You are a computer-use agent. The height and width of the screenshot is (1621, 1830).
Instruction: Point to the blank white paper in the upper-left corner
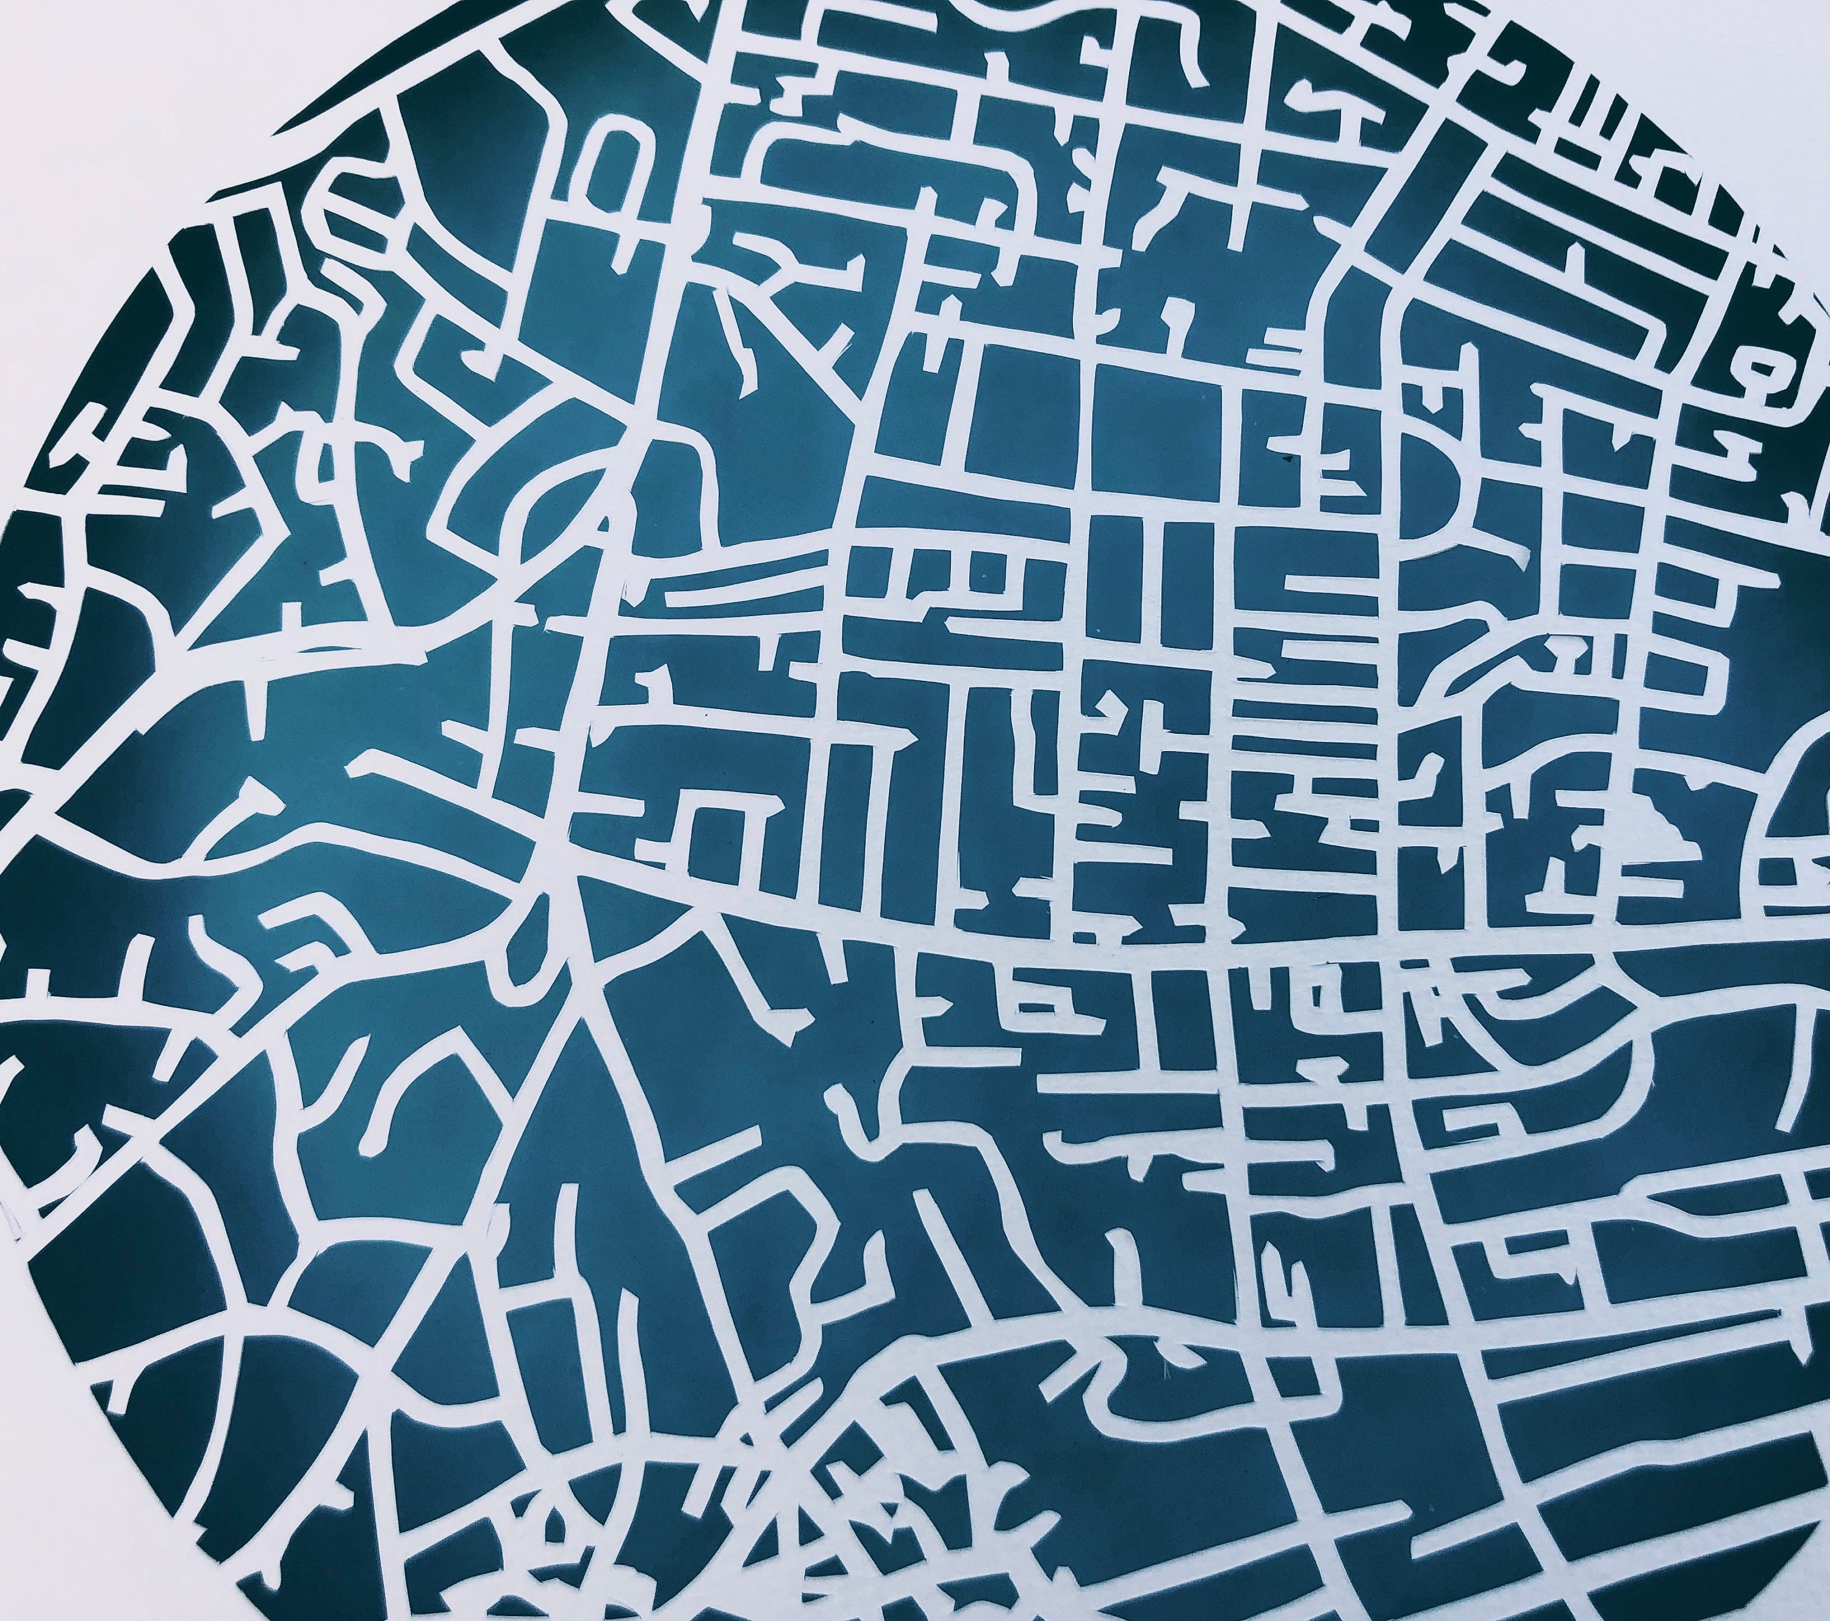coord(107,90)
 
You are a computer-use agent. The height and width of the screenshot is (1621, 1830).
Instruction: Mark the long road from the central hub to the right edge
coord(1164,949)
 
